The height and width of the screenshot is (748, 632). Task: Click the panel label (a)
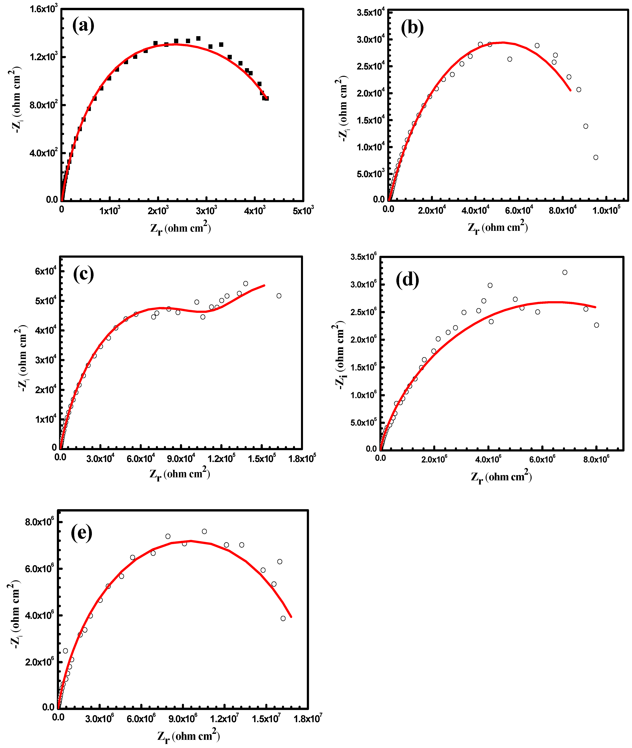point(83,26)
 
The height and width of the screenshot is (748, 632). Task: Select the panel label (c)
point(83,274)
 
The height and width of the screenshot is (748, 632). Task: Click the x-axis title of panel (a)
point(180,228)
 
